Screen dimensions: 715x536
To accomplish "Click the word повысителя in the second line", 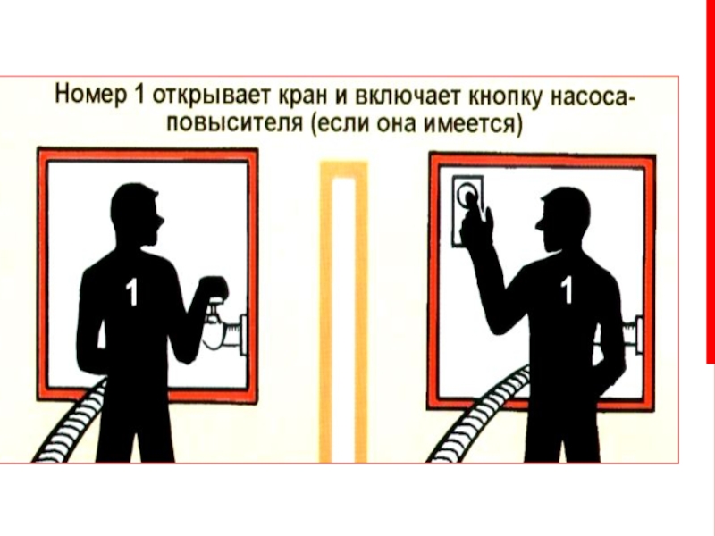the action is tap(234, 124).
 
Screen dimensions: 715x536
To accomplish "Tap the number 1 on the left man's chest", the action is tap(131, 292).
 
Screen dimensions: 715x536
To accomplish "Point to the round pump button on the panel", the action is tap(467, 193).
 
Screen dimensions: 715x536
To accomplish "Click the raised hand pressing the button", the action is tap(476, 222).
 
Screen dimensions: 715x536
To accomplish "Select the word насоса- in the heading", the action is tap(591, 97).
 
